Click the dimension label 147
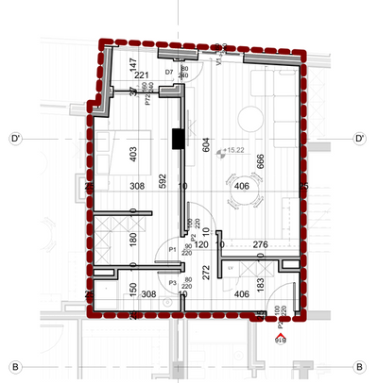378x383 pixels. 133,65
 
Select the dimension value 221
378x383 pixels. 142,76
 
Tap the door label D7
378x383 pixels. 169,72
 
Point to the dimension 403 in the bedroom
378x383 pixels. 133,153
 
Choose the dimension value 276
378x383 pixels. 261,245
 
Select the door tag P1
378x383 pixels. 172,249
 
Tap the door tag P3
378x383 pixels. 172,281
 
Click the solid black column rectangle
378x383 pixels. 177,139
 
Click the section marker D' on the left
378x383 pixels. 16,139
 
